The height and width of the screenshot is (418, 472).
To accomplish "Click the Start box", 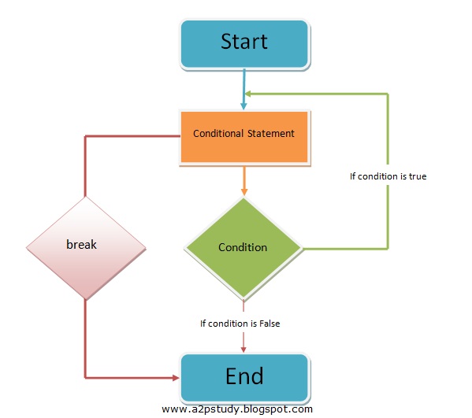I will (244, 43).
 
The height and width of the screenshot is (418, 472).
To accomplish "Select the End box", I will (244, 376).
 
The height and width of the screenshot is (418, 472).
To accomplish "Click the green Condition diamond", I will (243, 247).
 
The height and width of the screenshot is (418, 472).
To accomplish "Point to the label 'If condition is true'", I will (388, 176).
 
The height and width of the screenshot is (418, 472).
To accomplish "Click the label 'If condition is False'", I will (240, 323).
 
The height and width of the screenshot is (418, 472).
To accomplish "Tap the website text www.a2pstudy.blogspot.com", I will (237, 409).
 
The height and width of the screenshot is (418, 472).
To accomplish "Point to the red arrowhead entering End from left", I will (175, 376).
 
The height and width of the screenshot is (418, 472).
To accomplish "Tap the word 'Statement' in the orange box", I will (270, 134).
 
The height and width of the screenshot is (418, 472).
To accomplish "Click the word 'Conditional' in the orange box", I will (218, 134).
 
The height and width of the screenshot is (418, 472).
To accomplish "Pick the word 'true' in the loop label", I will (417, 176).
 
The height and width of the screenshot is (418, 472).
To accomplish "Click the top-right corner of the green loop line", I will (388, 94).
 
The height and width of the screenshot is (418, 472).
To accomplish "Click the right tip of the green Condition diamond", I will (302, 248).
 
